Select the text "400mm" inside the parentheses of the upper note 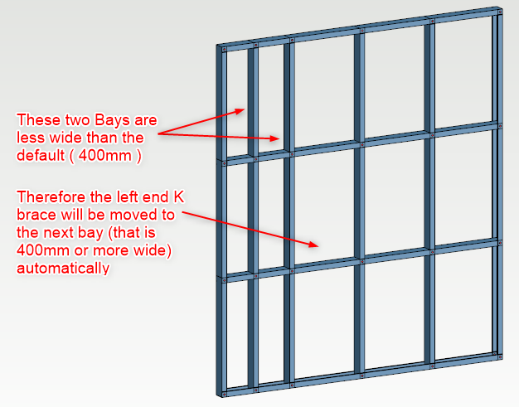(x=105, y=155)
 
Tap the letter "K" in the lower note (x=178, y=197)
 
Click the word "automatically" (x=63, y=268)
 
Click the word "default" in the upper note (x=41, y=155)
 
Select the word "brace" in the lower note (x=36, y=215)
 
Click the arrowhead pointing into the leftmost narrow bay (x=240, y=111)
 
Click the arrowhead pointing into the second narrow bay (x=275, y=138)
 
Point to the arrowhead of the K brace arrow (x=313, y=245)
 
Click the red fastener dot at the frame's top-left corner (x=224, y=50)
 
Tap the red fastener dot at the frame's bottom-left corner (x=225, y=394)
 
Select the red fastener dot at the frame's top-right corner (x=501, y=12)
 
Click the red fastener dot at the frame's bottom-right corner (x=501, y=357)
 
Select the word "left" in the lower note (x=129, y=197)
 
